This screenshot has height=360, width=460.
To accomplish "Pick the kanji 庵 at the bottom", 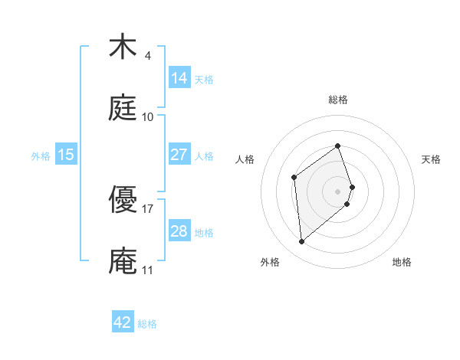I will (123, 260).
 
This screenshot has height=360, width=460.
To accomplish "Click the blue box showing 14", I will (179, 78).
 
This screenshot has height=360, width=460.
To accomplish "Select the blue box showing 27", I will (179, 155).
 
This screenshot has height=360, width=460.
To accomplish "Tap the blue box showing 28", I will (179, 231).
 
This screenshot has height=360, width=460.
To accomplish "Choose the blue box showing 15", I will (66, 155).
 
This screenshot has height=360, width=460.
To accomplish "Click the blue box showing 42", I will (123, 322).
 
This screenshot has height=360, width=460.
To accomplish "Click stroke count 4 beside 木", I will (147, 55).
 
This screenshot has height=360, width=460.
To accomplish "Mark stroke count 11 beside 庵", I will (147, 270).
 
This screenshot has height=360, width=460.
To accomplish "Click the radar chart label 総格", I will (337, 100).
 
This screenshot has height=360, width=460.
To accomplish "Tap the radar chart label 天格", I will (431, 159).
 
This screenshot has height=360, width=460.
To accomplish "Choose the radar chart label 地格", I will (402, 263).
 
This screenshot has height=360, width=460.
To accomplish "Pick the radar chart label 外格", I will (270, 263).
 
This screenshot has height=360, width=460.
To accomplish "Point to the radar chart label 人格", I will (245, 159).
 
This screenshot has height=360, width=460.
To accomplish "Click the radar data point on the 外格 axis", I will (301, 242).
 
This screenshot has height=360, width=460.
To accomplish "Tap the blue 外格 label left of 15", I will (41, 155).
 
